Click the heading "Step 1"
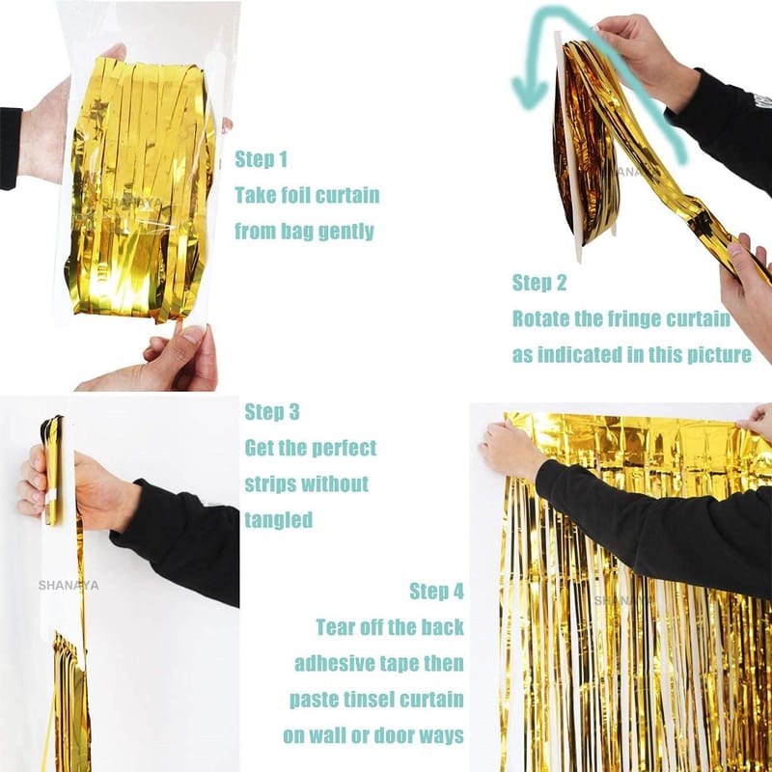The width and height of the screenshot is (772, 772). [x=261, y=159]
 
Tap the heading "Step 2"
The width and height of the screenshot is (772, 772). [x=539, y=283]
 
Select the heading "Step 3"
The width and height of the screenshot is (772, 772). [x=272, y=412]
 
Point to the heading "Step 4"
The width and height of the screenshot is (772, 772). [x=437, y=591]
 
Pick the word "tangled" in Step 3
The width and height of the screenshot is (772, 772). [x=279, y=520]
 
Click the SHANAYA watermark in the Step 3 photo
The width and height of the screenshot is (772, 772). [x=69, y=586]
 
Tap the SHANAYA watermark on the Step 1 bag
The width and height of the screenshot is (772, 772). [x=131, y=202]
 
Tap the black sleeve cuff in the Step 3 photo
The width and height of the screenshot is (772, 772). [x=129, y=522]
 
